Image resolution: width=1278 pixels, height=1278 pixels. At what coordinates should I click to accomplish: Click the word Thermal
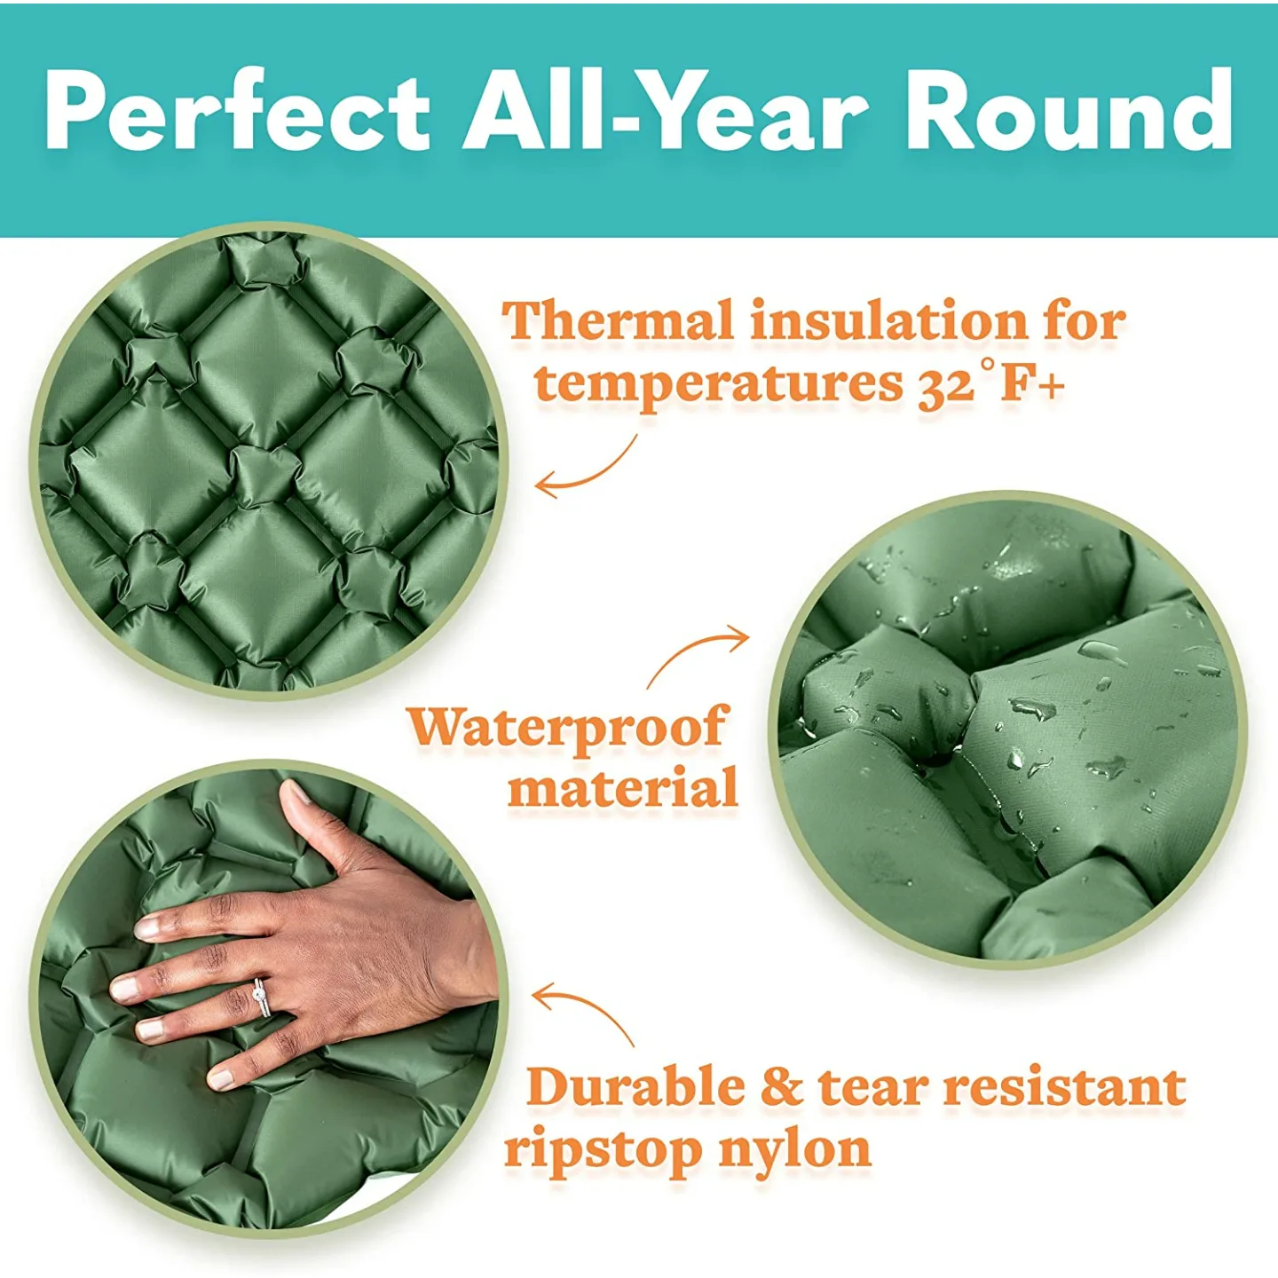[x=619, y=321]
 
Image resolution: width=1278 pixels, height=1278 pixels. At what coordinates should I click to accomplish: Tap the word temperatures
[x=719, y=384]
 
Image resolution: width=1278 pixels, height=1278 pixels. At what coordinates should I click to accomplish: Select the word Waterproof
[x=568, y=728]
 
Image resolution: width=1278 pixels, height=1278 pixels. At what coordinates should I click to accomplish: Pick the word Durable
[x=635, y=1087]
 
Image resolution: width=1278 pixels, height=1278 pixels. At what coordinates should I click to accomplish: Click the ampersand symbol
[x=781, y=1088]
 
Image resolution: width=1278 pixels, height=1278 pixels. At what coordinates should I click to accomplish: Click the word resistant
[x=1063, y=1087]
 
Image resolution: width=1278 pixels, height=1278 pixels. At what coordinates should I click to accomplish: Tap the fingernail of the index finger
[x=147, y=928]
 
